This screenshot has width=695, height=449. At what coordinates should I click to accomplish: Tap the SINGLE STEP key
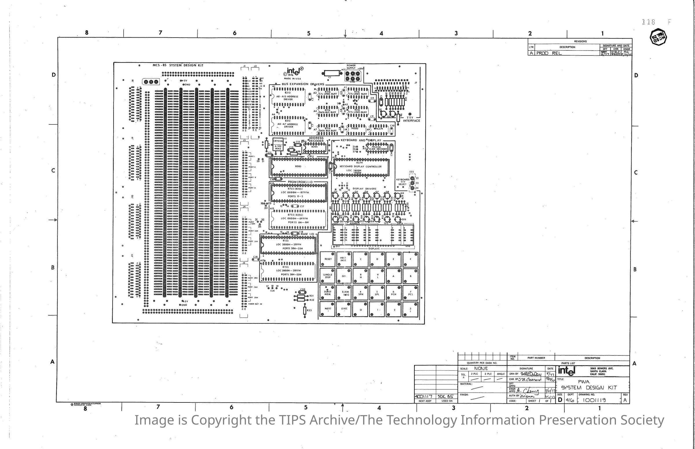click(328, 276)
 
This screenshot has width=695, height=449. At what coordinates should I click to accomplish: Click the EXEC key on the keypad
click(344, 309)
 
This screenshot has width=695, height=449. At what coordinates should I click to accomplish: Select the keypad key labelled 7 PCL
click(411, 292)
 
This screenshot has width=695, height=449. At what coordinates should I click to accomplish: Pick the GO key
click(344, 276)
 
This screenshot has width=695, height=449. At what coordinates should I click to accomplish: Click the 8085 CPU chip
click(299, 167)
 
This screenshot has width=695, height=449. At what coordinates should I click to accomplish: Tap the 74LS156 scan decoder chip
click(378, 148)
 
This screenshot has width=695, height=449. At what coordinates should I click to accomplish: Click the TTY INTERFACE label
click(412, 119)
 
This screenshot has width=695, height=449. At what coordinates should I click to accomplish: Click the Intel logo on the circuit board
click(294, 72)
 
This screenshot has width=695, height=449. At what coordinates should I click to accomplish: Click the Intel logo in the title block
click(566, 371)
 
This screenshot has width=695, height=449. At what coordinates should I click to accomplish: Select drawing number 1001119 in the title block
click(594, 400)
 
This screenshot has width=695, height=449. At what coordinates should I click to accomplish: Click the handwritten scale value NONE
click(481, 369)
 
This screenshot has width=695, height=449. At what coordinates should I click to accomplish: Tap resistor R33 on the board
click(305, 310)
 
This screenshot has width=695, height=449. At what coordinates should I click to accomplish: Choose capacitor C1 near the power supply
click(330, 73)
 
